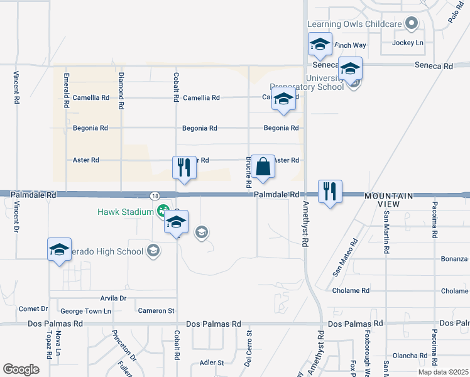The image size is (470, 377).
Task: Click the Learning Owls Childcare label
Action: click(x=354, y=24)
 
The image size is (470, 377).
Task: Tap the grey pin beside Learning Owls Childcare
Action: click(x=412, y=24)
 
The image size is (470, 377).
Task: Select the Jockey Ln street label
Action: click(x=408, y=43)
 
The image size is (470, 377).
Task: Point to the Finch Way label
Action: click(x=351, y=45)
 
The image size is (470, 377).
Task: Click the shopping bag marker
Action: click(x=263, y=168)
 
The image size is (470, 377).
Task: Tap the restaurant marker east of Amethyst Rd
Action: click(x=330, y=191)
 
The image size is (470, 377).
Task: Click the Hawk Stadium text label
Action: click(x=126, y=212)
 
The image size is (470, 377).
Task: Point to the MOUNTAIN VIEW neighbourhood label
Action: click(x=389, y=200)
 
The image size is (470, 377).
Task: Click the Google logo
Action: click(x=21, y=369)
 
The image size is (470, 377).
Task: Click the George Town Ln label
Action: click(x=85, y=311)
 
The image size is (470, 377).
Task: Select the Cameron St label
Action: click(x=156, y=310)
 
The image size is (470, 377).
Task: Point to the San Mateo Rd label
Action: click(x=345, y=256)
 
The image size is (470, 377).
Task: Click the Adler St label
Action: click(x=212, y=363)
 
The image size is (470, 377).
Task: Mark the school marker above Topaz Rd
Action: click(x=59, y=250)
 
